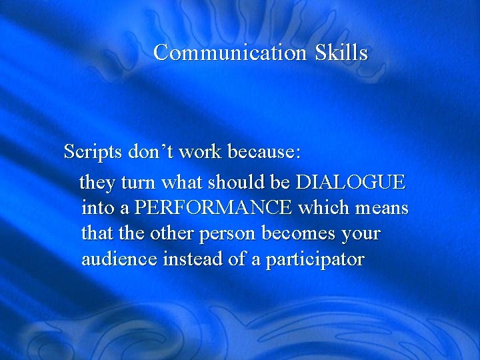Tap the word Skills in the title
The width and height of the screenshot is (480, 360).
pyautogui.click(x=342, y=53)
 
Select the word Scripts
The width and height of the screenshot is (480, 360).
pyautogui.click(x=93, y=153)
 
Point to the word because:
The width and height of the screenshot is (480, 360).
pyautogui.click(x=265, y=152)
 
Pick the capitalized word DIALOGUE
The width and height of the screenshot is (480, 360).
pyautogui.click(x=350, y=182)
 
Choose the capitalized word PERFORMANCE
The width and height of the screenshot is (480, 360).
pyautogui.click(x=213, y=208)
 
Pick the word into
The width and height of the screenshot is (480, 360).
pyautogui.click(x=98, y=208)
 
